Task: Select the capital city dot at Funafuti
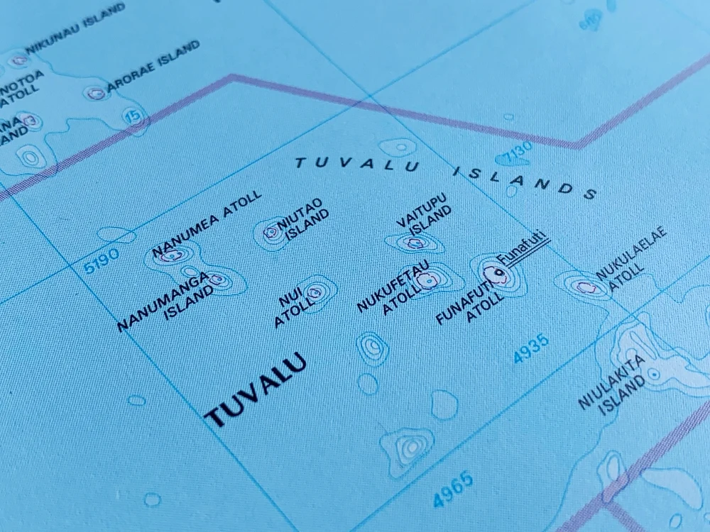[499, 272]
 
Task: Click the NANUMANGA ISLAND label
[166, 299]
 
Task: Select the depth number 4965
[452, 489]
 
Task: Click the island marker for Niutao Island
[271, 231]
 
